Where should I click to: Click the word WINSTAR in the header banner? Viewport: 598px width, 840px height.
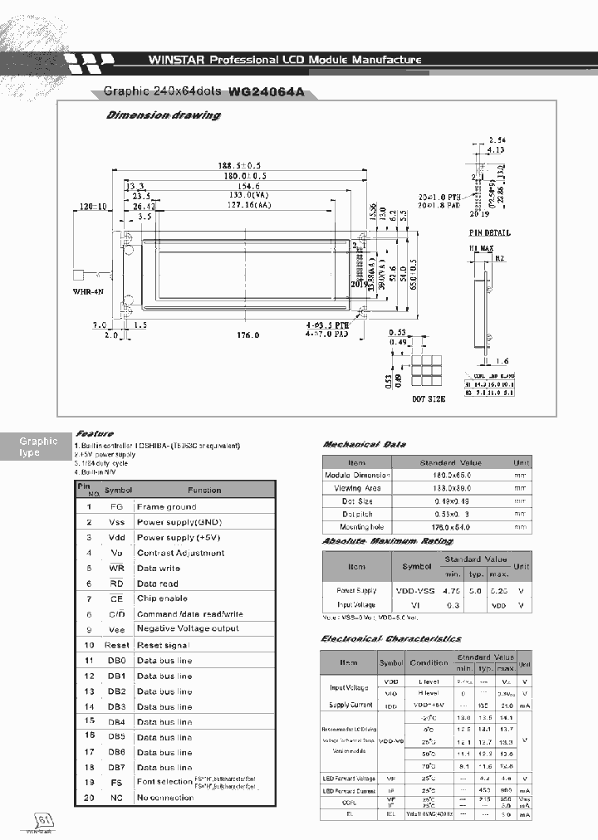click(x=176, y=60)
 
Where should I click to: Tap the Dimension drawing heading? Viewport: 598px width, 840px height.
click(x=164, y=115)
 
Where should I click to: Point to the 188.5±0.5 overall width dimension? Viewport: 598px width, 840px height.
click(x=244, y=165)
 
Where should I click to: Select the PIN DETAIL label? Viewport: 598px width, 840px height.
click(x=489, y=233)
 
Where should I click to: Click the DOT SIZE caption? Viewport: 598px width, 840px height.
click(x=429, y=398)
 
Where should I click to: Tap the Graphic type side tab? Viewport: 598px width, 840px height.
click(x=38, y=447)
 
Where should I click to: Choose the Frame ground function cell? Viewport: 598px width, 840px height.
click(x=166, y=506)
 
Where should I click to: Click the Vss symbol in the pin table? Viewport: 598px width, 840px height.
click(x=117, y=522)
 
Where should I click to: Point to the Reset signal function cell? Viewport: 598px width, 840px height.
click(x=163, y=645)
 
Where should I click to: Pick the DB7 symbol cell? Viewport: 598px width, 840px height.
click(x=117, y=767)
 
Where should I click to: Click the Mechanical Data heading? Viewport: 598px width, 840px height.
click(x=364, y=445)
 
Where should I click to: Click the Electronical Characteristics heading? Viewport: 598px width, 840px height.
click(x=390, y=638)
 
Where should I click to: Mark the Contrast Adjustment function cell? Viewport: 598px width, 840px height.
click(x=180, y=553)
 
